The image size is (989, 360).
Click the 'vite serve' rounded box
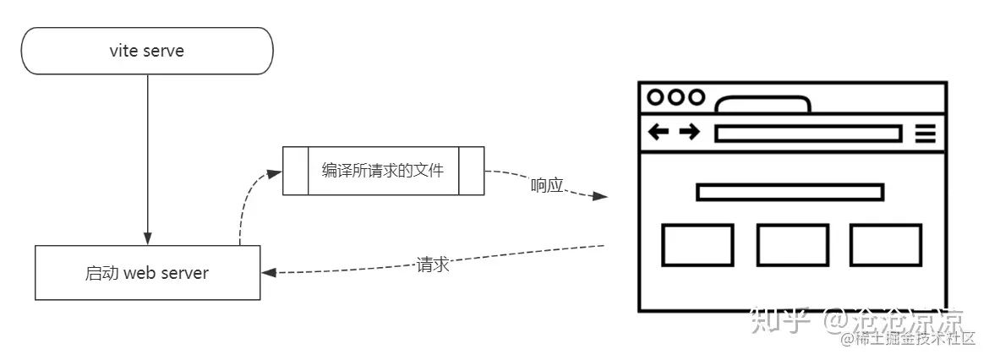[147, 51]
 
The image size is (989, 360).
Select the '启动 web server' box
[147, 273]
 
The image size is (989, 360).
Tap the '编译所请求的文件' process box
[383, 171]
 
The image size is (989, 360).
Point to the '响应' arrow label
[547, 185]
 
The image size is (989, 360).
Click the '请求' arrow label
[432, 264]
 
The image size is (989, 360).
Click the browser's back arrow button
[658, 133]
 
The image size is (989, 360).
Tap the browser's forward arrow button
[689, 133]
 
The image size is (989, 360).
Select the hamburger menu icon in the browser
[926, 134]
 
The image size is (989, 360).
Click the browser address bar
[807, 134]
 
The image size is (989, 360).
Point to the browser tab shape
[762, 105]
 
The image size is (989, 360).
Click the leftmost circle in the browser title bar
[655, 97]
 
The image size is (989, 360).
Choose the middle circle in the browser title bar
[675, 97]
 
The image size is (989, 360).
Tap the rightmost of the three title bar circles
[696, 97]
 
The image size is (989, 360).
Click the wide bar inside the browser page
[790, 193]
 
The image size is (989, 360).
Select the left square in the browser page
[697, 245]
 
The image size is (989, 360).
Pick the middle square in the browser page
[792, 245]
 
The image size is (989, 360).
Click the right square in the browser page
[885, 245]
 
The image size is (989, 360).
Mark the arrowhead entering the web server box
[267, 273]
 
